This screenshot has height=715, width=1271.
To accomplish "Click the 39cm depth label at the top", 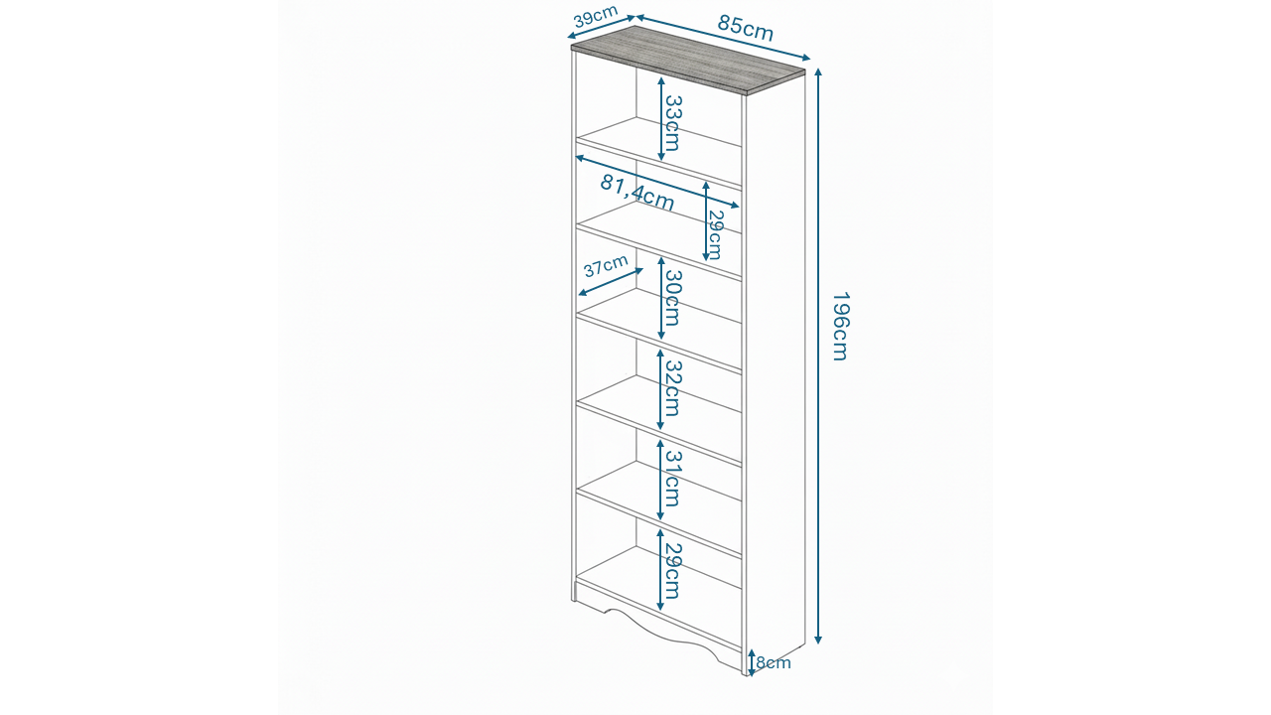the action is coord(595,16).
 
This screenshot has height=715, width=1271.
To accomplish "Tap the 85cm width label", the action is coord(745,28).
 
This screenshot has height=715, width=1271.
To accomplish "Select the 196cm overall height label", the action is coord(840,327).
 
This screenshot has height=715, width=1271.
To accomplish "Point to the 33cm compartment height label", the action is coord(673,123).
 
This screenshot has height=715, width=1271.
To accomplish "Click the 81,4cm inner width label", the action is coord(637,193).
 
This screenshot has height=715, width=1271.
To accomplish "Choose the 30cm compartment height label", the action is coord(673,298).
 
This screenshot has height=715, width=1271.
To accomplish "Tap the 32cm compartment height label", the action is coord(672,388).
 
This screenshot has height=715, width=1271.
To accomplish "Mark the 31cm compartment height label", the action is coord(672,479).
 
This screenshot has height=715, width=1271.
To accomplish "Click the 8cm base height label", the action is coord(773,662).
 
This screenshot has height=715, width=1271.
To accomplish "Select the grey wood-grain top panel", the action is coord(688,60).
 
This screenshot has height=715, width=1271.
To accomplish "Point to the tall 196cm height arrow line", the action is coord(818,357).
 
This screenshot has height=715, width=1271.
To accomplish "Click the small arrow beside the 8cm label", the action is coord(752,662).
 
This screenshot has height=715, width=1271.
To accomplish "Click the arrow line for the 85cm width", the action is coord(723,38).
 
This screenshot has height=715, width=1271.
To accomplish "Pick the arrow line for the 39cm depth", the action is coord(602,27).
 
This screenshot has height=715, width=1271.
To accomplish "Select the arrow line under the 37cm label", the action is coord(611,282).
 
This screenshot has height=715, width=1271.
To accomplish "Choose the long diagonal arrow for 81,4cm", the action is coord(657,181).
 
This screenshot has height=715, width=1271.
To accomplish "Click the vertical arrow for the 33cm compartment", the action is coord(661,118).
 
